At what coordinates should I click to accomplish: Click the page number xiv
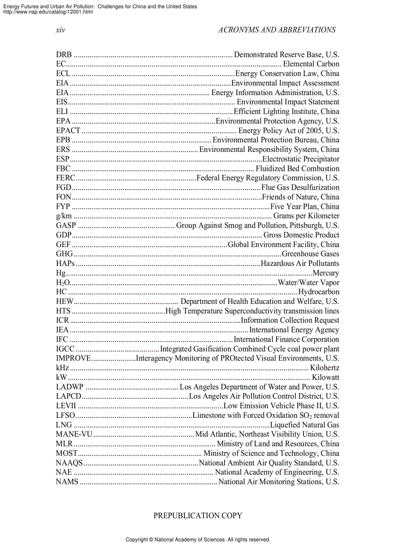pyautogui.click(x=60, y=30)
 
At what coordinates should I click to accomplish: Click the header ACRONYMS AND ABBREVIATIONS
pyautogui.click(x=277, y=30)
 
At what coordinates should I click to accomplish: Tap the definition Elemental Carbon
pyautogui.click(x=311, y=64)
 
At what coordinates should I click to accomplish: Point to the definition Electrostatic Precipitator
pyautogui.click(x=301, y=159)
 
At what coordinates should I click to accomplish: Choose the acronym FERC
pyautogui.click(x=66, y=178)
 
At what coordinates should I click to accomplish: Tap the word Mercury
pyautogui.click(x=326, y=273)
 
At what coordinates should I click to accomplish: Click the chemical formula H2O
pyautogui.click(x=63, y=283)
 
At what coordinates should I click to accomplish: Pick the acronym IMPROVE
pyautogui.click(x=73, y=359)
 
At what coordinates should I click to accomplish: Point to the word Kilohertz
pyautogui.click(x=325, y=368)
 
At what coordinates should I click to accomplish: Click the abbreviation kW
pyautogui.click(x=61, y=378)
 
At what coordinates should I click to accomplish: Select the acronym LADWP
pyautogui.click(x=70, y=387)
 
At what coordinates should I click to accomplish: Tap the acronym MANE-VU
pyautogui.click(x=74, y=434)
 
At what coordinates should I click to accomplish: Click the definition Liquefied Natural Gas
pyautogui.click(x=305, y=425)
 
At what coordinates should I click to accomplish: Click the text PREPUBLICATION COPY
pyautogui.click(x=198, y=515)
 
